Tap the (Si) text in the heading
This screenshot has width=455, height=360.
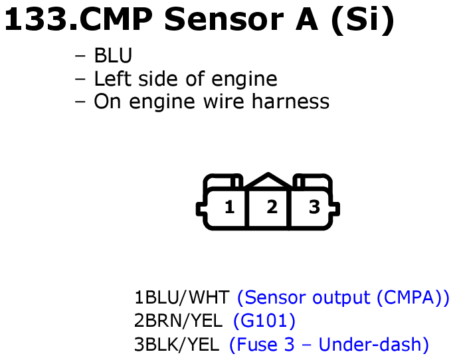pyautogui.click(x=363, y=21)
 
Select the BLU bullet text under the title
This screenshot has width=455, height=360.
pyautogui.click(x=113, y=55)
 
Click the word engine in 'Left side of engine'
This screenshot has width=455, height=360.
pyautogui.click(x=244, y=79)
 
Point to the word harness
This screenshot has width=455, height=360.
pyautogui.click(x=290, y=101)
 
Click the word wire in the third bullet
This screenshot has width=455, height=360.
pyautogui.click(x=224, y=101)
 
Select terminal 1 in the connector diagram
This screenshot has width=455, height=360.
pyautogui.click(x=230, y=207)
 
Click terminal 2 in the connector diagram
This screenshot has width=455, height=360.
pyautogui.click(x=272, y=207)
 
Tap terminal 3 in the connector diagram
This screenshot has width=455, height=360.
pyautogui.click(x=314, y=207)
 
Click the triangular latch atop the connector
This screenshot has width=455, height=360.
pyautogui.click(x=268, y=181)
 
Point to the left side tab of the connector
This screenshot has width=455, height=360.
pyautogui.click(x=201, y=209)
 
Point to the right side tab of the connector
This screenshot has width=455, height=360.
pyautogui.click(x=335, y=209)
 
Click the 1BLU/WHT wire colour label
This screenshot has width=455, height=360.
pyautogui.click(x=182, y=298)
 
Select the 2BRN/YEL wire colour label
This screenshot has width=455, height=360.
pyautogui.click(x=178, y=321)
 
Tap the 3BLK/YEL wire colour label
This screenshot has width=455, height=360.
pyautogui.click(x=177, y=345)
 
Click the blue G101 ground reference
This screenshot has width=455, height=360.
pyautogui.click(x=264, y=321)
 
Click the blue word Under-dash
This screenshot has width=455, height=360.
pyautogui.click(x=370, y=344)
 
